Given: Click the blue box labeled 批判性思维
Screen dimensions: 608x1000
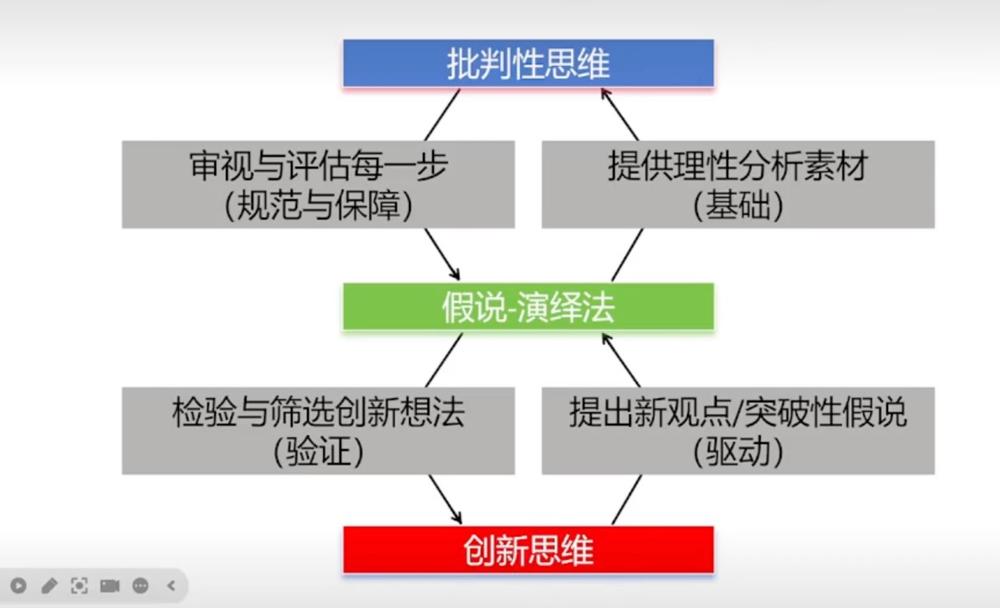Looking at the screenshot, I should point(528,63).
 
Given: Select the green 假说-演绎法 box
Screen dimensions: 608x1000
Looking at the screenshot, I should point(528,307).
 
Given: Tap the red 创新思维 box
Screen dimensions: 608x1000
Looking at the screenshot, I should point(528,550).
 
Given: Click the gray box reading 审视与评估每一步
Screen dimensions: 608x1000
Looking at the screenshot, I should point(318,168).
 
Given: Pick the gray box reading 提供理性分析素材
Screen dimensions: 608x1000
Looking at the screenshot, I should point(738,168).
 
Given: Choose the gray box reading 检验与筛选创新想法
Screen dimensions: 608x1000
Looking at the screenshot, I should point(318,413).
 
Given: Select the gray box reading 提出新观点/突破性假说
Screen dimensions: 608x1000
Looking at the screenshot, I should point(738,413).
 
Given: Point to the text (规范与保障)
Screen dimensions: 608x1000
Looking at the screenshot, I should point(318,206).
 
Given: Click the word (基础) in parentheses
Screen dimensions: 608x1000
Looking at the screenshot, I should point(738,206).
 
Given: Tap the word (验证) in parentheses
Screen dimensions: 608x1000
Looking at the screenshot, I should point(318,451).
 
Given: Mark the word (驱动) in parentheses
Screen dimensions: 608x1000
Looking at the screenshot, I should point(738,451).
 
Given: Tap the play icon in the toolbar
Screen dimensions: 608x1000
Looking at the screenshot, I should point(18,586).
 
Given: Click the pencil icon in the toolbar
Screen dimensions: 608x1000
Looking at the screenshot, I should point(49,586).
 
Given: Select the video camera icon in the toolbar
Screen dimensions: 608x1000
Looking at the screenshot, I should point(110,586).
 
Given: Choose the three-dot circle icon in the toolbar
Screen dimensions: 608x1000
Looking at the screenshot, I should point(140,586).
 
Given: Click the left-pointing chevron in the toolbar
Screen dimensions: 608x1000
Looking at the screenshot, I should point(171,586).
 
